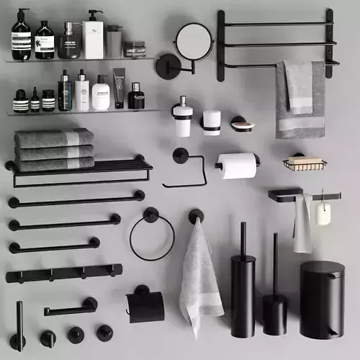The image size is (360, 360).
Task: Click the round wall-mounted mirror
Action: click(x=194, y=42)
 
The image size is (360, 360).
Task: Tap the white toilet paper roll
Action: click(x=238, y=166)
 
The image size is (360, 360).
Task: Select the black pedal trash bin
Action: click(x=322, y=298)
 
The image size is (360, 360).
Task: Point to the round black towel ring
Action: click(x=151, y=237)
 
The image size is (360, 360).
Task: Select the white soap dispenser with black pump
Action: click(x=183, y=119)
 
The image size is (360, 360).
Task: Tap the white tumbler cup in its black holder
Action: click(x=211, y=122)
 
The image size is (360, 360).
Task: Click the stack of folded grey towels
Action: click(x=54, y=149)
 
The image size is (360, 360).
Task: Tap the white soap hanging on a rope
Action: click(x=323, y=213)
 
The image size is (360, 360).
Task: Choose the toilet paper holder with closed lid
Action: click(x=145, y=305)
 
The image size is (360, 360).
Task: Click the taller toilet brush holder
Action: click(x=243, y=295)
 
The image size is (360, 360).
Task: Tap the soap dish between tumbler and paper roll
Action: click(x=242, y=125)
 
